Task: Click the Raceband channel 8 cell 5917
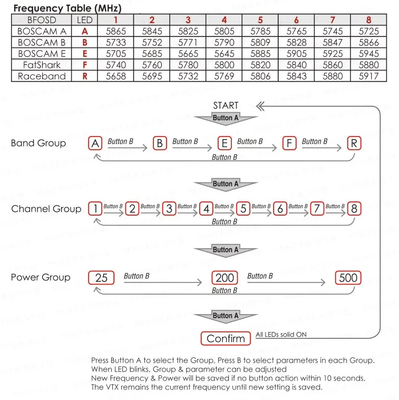[x=368, y=76]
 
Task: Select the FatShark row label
[x=42, y=65]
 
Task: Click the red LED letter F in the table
[x=84, y=65]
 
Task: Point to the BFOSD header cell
[x=42, y=20]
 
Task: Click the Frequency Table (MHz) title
[x=67, y=8]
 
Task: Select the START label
[x=226, y=105]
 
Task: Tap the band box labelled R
[x=355, y=143]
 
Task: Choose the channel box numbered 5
[x=243, y=209]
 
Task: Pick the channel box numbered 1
[x=95, y=209]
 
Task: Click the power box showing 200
[x=225, y=278]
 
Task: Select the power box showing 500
[x=348, y=278]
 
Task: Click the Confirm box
[x=226, y=338]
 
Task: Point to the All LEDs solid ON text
[x=281, y=335]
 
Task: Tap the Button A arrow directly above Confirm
[x=226, y=316]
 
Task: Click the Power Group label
[x=41, y=277]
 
